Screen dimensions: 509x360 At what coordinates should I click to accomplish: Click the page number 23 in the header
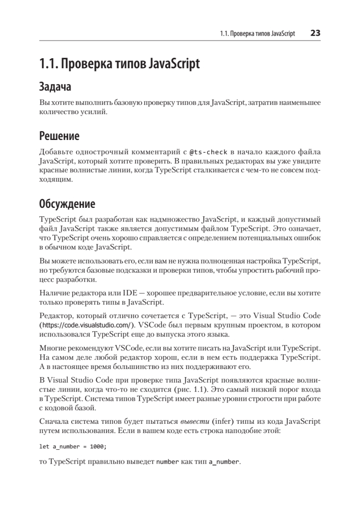click(315, 33)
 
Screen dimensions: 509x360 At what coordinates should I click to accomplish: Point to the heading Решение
click(59, 136)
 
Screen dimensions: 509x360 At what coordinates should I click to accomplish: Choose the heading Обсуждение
click(67, 204)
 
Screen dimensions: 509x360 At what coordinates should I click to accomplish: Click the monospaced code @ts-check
click(209, 151)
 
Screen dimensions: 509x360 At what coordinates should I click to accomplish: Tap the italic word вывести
click(193, 421)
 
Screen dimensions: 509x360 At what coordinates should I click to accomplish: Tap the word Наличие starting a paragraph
click(53, 294)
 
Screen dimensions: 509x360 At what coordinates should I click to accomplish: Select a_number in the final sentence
click(224, 461)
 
